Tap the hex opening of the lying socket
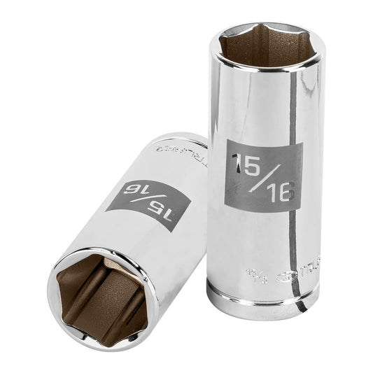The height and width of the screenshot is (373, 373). tap(98, 298)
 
